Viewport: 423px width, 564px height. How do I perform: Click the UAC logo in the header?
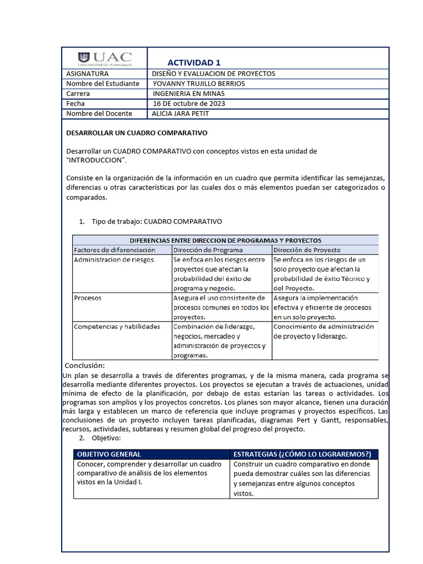click(x=105, y=58)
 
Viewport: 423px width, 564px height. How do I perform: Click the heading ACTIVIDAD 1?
click(x=194, y=62)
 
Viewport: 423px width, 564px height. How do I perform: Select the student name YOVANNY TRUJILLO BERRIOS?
click(x=198, y=84)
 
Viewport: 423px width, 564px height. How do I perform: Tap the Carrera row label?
click(x=78, y=94)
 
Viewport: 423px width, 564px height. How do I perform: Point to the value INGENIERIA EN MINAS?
click(x=189, y=94)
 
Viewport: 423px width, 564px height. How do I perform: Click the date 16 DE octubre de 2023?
click(x=189, y=104)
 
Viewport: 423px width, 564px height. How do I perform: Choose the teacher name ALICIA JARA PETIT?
click(x=180, y=113)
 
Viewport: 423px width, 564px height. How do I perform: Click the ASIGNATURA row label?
click(x=87, y=74)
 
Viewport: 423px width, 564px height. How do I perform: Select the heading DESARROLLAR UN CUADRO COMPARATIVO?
click(x=137, y=133)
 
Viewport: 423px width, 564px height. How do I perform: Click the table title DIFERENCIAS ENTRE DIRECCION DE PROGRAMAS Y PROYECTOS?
click(x=225, y=240)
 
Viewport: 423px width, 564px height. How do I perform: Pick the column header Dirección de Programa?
click(x=208, y=250)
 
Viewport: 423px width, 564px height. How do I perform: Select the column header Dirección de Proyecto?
click(x=307, y=250)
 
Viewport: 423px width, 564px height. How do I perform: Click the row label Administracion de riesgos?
click(x=114, y=259)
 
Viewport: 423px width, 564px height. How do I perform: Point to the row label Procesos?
click(x=88, y=298)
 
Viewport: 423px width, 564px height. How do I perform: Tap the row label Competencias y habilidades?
click(x=117, y=327)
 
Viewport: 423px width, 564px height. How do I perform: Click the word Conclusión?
click(x=84, y=366)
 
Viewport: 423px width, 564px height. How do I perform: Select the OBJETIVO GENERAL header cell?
click(x=109, y=454)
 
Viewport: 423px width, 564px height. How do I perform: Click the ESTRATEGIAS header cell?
click(x=302, y=454)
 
